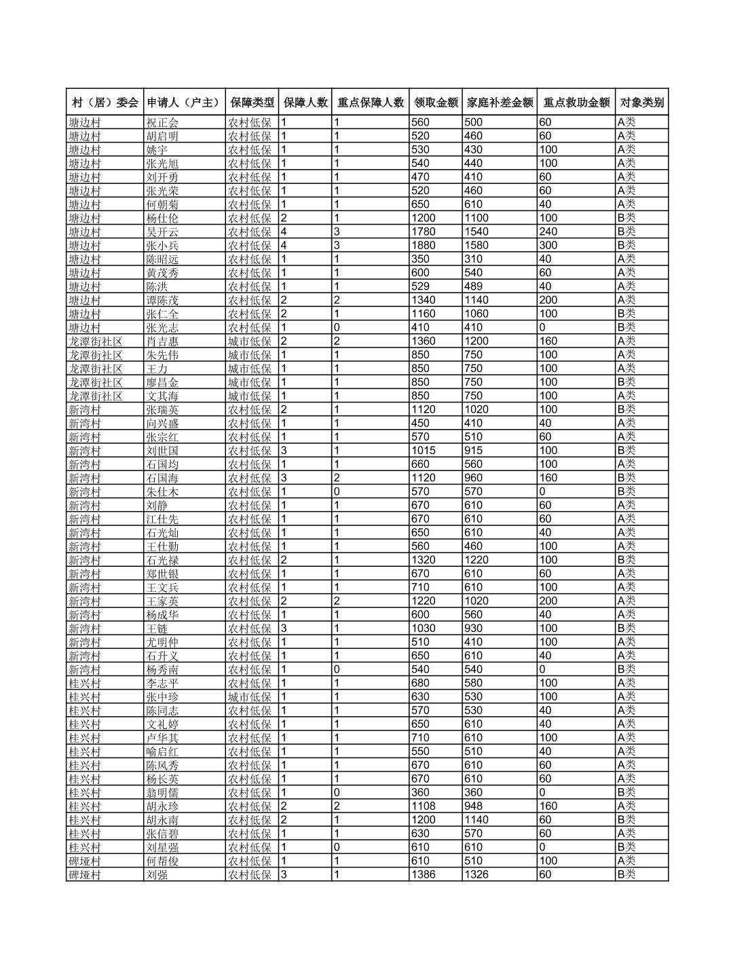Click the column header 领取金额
click(436, 102)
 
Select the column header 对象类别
click(641, 102)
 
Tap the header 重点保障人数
click(371, 102)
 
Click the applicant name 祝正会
click(162, 123)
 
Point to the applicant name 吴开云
click(162, 232)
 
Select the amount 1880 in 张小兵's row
click(424, 246)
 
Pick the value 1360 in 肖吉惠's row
click(424, 341)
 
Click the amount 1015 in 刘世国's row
click(424, 451)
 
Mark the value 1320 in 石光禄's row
click(424, 560)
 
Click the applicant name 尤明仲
click(162, 642)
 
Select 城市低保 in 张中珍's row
click(250, 697)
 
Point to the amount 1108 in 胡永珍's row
click(424, 806)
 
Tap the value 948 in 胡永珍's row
click(474, 806)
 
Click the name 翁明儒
click(162, 793)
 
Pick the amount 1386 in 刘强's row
click(424, 875)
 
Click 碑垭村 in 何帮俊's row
click(84, 861)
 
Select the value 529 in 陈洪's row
click(420, 286)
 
